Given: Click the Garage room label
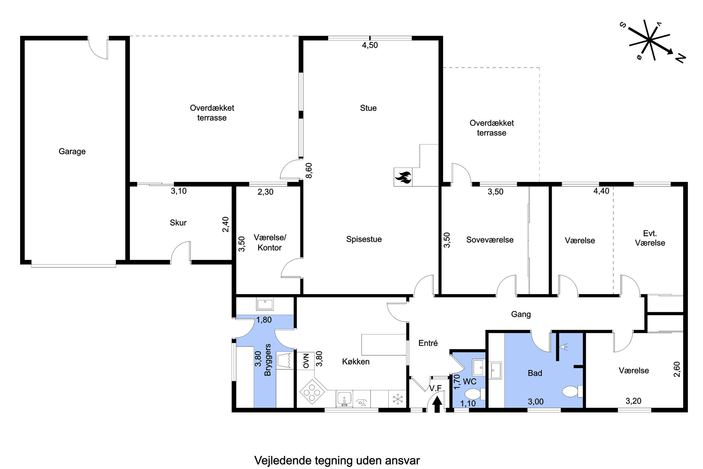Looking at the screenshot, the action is tap(72, 151).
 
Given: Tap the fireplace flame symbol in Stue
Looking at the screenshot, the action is tap(403, 177).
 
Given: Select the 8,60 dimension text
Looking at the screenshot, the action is tap(309, 170).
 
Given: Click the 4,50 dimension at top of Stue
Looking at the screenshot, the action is tap(370, 45).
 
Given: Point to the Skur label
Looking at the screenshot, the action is tap(178, 223).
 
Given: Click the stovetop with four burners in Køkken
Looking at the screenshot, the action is tap(313, 392).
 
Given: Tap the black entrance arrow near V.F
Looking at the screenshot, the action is tap(437, 404).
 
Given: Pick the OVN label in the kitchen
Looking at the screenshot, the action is tap(306, 361).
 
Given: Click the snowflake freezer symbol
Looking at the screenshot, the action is tap(398, 399).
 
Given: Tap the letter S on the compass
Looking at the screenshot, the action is tap(623, 25).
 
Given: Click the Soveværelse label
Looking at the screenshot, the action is tap(490, 240).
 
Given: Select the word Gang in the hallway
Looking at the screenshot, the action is tap(521, 314).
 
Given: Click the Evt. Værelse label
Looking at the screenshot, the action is tap(650, 238).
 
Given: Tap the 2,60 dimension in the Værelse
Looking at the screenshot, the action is tap(677, 369).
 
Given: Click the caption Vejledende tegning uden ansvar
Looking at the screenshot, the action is tap(337, 460).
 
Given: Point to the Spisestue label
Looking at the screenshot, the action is tap(364, 239).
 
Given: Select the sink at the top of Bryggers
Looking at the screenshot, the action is tap(265, 305).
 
